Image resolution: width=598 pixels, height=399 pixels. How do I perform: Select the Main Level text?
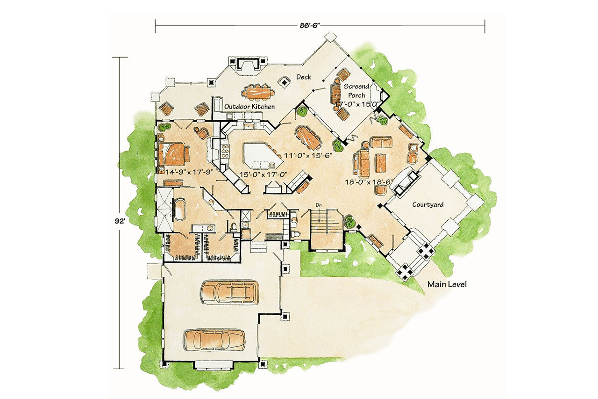[447, 284]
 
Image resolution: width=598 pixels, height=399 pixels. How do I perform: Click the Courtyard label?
[427, 205]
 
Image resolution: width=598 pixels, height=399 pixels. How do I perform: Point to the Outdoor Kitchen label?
[249, 107]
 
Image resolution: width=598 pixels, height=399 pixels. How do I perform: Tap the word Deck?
[304, 77]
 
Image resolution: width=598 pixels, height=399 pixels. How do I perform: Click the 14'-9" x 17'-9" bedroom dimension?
[189, 172]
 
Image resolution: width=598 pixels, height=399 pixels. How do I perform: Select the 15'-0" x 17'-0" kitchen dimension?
[263, 174]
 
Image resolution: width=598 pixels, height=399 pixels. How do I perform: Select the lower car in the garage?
[214, 340]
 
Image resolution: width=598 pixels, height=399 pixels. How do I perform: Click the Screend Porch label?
[356, 91]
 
